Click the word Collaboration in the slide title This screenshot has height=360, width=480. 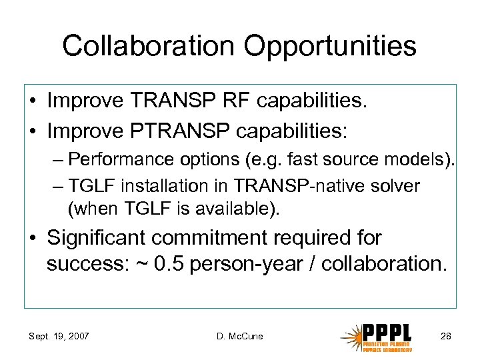pyautogui.click(x=147, y=47)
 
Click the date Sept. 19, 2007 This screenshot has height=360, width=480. pyautogui.click(x=59, y=336)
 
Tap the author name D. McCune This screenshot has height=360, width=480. pyautogui.click(x=239, y=336)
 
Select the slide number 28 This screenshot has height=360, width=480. pyautogui.click(x=445, y=336)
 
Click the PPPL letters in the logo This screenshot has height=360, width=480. pyautogui.click(x=387, y=333)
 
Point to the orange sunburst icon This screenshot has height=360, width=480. pyautogui.click(x=352, y=336)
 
